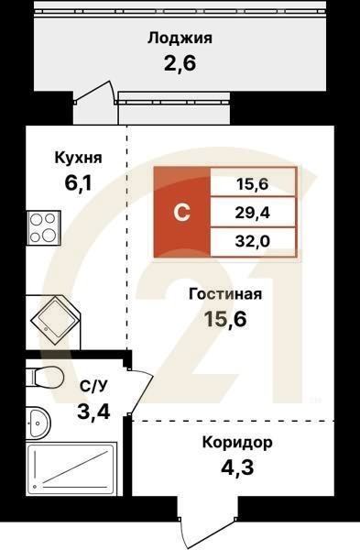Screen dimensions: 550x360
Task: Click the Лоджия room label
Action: [180, 38]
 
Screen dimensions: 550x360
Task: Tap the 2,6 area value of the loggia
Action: [180, 63]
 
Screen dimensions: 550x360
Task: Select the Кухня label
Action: [78, 158]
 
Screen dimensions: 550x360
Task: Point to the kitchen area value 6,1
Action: [78, 183]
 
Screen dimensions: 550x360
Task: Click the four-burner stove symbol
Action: [43, 227]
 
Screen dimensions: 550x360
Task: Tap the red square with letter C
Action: [182, 213]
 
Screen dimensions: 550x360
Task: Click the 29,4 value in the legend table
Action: [252, 213]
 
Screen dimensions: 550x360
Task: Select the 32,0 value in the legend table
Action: [252, 241]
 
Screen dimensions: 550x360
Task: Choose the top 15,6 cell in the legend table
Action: [252, 183]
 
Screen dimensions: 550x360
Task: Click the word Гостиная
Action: [225, 294]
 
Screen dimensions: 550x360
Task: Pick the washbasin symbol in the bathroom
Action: [38, 421]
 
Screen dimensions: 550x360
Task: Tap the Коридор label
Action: [237, 443]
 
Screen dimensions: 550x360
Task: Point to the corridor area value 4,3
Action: [237, 468]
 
